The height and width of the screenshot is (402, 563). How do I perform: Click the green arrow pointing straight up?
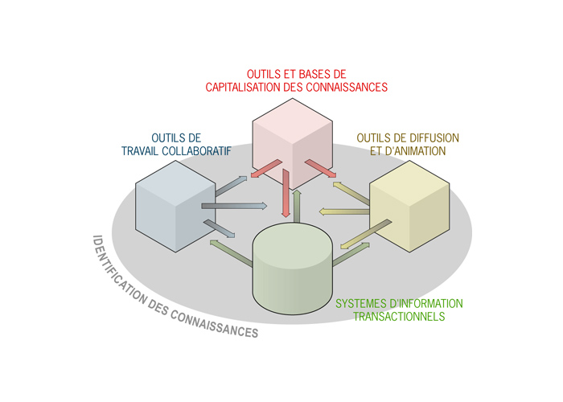297,206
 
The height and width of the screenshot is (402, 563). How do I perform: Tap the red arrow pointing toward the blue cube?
262,168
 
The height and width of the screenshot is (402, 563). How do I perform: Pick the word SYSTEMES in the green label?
358,303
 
